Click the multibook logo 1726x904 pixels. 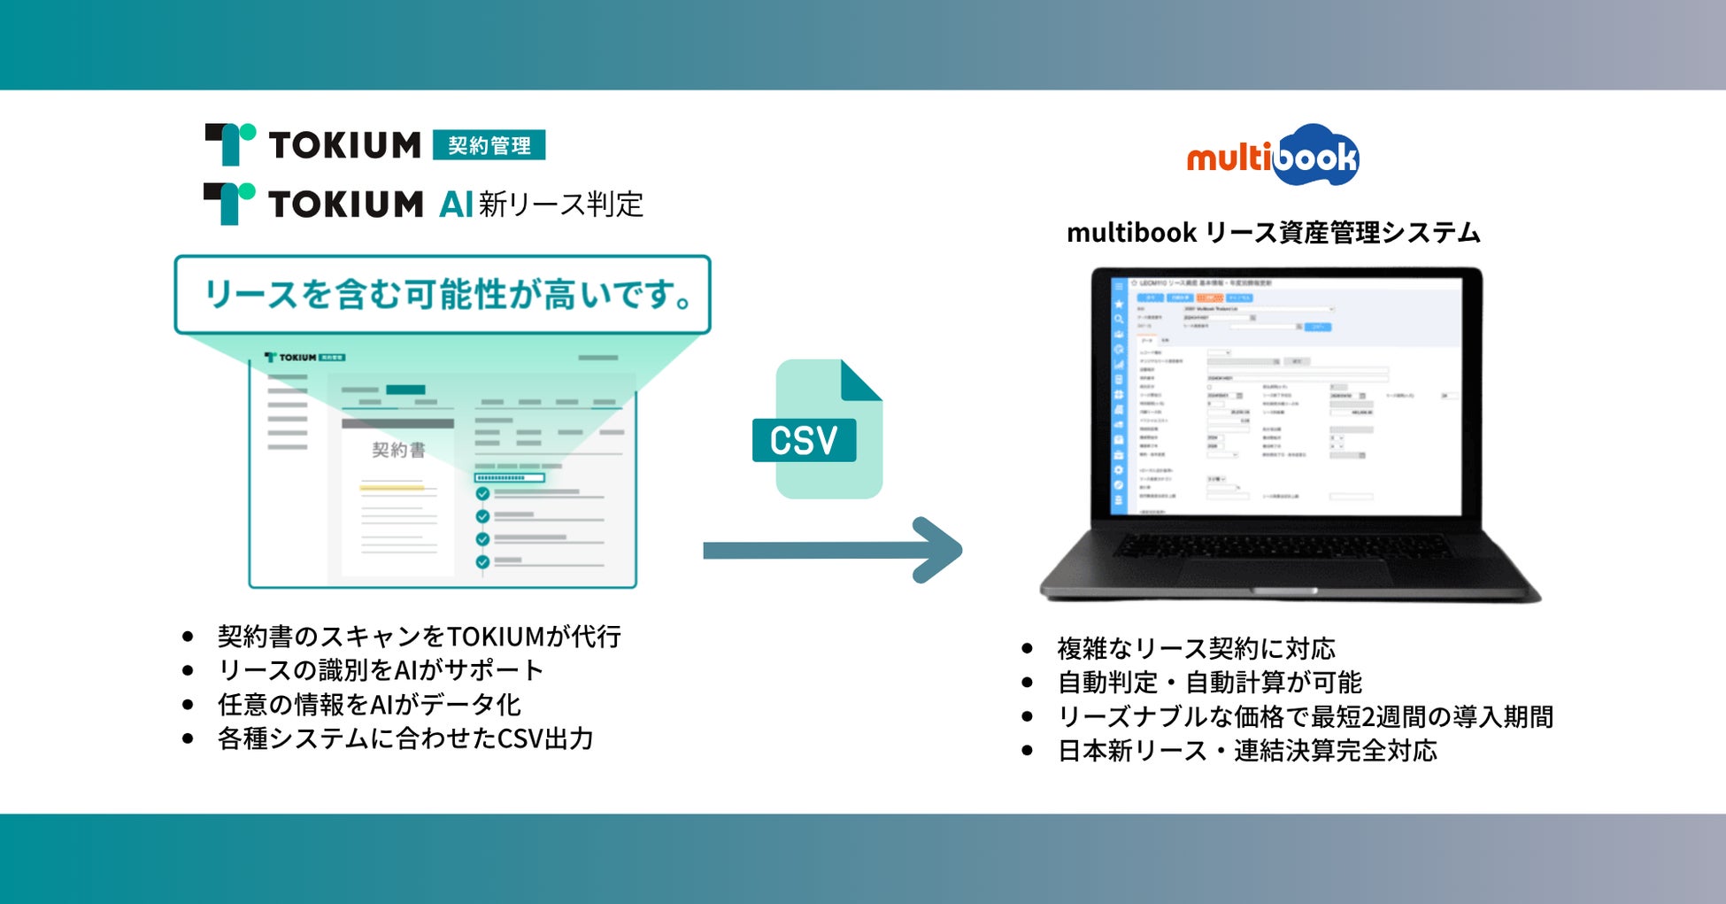1273,156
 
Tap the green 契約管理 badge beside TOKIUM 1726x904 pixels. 489,145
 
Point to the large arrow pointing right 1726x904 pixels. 832,550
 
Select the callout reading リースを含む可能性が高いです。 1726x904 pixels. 443,295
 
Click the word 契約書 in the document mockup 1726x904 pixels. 398,450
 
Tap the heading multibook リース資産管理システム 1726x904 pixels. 1273,233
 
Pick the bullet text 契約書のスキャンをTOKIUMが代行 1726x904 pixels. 419,636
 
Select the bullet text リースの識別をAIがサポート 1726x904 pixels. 381,669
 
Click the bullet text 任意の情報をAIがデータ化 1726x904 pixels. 369,704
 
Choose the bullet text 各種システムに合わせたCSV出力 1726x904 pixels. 405,738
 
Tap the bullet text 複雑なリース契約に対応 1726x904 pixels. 1196,648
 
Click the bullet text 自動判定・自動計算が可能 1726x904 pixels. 1209,683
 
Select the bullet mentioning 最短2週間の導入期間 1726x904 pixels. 1306,716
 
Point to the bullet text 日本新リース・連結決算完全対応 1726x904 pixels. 1247,751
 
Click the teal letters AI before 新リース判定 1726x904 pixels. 456,205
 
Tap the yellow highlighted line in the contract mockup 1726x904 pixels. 392,487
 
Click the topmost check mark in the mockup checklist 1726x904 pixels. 482,493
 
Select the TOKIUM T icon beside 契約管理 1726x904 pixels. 230,144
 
